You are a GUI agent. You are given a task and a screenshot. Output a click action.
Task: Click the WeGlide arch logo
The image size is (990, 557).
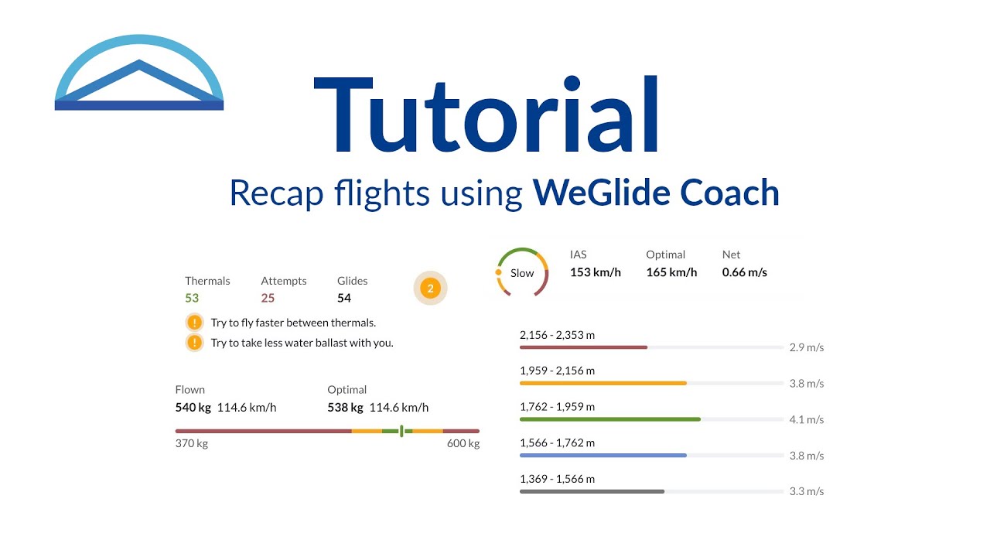point(139,74)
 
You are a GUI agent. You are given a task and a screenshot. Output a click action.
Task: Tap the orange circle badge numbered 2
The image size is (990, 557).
point(431,289)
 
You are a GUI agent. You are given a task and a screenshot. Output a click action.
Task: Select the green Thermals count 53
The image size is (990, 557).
point(192,298)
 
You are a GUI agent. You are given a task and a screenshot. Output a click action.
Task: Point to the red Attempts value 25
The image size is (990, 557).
point(268,298)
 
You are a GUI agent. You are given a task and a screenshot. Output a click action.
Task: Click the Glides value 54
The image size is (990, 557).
point(344,298)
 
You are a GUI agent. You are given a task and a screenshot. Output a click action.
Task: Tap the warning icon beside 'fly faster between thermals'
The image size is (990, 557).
point(194,323)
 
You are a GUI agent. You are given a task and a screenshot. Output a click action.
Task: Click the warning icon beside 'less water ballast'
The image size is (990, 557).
point(194,343)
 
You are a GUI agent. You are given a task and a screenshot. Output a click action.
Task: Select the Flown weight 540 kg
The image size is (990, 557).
point(193,408)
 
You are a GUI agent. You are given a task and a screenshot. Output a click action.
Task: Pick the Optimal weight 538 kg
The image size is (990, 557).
point(345,408)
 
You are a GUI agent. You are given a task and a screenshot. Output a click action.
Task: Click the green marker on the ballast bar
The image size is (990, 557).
point(401,431)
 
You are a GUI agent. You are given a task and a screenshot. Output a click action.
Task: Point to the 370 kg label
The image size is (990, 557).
point(192,444)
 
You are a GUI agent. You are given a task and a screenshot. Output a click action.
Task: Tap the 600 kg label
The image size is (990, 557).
point(463,444)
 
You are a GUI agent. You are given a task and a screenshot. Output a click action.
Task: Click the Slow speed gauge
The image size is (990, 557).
point(522,272)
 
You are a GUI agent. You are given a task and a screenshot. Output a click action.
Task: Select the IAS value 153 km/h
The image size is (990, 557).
point(596,272)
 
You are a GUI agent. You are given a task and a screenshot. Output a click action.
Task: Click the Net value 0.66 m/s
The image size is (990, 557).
point(745,272)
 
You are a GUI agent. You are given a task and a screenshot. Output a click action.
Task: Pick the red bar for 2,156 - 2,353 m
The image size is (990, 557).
point(583,347)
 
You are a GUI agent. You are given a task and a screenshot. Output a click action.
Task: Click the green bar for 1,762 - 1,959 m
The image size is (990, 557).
point(610,419)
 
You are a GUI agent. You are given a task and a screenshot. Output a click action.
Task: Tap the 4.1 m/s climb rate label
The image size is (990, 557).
point(806,420)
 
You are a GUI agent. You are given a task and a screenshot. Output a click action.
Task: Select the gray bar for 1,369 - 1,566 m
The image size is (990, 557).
point(592,491)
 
